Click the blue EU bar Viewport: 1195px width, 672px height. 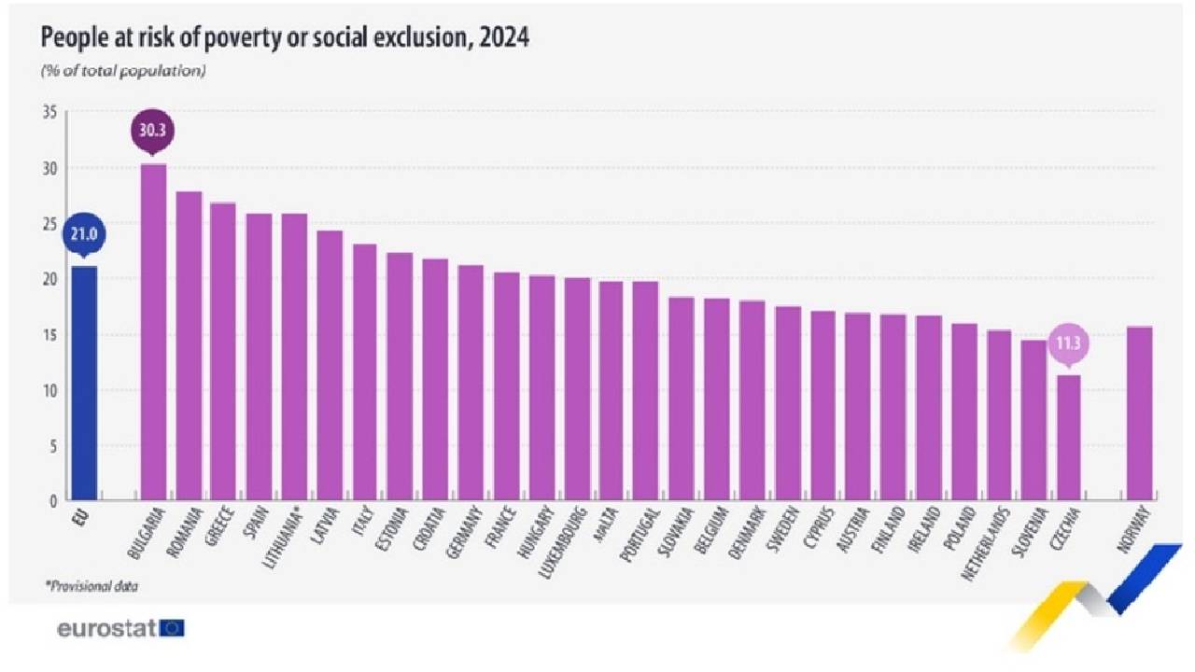(82, 383)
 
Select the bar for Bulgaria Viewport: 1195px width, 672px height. (153, 332)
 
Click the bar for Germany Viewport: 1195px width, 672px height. (471, 383)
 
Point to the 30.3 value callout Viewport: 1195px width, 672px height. (153, 132)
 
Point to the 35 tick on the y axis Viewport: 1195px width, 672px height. (49, 113)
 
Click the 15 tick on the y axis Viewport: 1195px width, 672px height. (49, 334)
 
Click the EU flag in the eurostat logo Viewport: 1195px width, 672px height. (172, 628)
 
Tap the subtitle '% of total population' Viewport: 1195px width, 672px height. (122, 70)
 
